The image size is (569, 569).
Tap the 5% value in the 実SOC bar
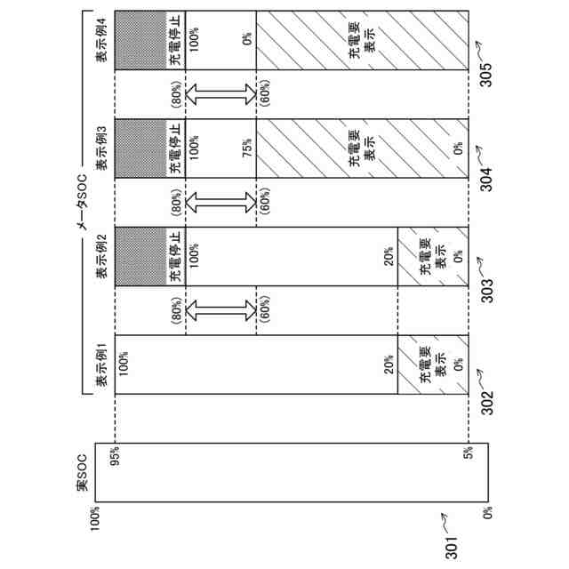(x=468, y=453)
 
